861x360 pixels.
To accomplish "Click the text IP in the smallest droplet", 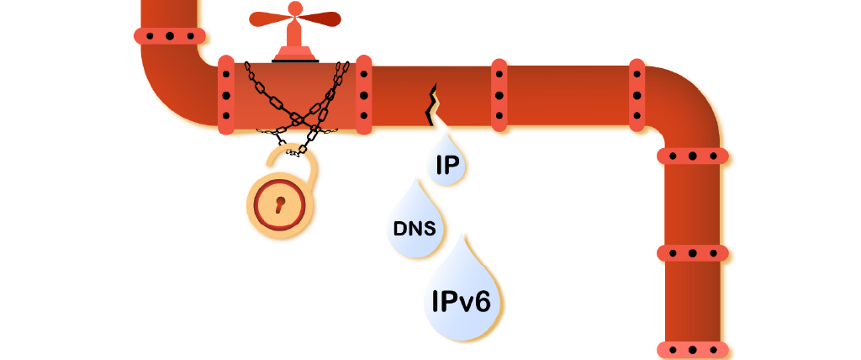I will [x=446, y=165].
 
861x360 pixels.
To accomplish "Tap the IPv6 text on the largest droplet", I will [x=460, y=301].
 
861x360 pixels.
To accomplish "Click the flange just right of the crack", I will [x=499, y=95].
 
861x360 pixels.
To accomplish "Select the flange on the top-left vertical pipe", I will [x=170, y=36].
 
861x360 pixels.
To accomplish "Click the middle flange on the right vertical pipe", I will [x=692, y=252].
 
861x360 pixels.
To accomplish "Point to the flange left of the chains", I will [x=225, y=95].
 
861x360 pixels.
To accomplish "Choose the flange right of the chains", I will [x=363, y=94].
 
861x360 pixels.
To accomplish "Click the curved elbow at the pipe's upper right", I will [x=681, y=105].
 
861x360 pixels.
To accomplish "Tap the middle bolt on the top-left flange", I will [x=170, y=36].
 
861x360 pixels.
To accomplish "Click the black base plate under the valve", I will [x=294, y=59].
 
